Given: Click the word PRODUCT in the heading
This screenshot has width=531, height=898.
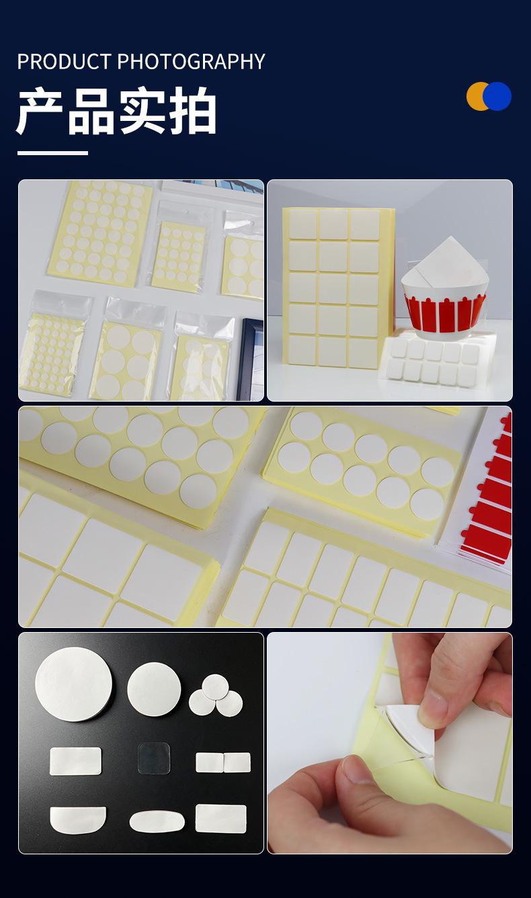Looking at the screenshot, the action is [x=64, y=62].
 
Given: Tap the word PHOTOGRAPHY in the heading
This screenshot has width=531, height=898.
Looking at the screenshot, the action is [x=191, y=62].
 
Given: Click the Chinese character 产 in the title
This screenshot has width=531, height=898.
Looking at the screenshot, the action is [x=40, y=110].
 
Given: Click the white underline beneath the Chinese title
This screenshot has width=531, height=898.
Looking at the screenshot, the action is [x=52, y=153].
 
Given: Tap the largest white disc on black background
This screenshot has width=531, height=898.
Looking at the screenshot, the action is [x=74, y=684].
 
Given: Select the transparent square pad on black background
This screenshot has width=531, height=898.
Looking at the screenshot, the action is [x=154, y=758].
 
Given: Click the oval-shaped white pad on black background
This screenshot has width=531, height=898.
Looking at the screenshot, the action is [x=157, y=821].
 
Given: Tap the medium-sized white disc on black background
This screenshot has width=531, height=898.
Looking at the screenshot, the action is [x=154, y=689].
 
